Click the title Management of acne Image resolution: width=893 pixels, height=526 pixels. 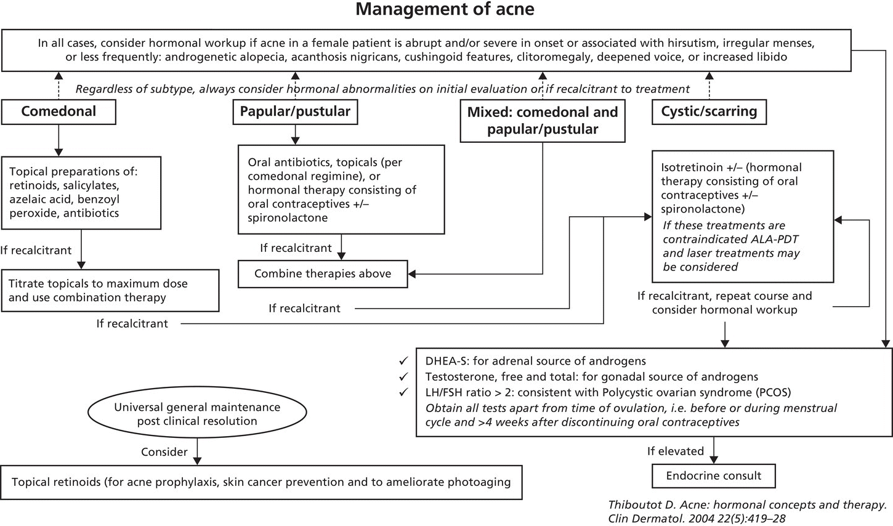pyautogui.click(x=445, y=10)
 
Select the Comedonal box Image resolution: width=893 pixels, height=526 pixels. pyautogui.click(x=59, y=111)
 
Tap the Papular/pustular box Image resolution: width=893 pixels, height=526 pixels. pyautogui.click(x=294, y=111)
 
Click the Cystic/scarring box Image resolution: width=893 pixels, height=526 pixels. pyautogui.click(x=709, y=111)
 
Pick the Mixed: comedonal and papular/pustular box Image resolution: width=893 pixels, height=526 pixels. pyautogui.click(x=542, y=121)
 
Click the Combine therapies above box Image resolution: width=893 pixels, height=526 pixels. pyautogui.click(x=323, y=274)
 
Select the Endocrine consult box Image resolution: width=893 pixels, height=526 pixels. pyautogui.click(x=713, y=476)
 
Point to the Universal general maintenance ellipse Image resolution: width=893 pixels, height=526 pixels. pyautogui.click(x=197, y=414)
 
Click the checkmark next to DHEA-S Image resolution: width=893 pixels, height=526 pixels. pyautogui.click(x=404, y=360)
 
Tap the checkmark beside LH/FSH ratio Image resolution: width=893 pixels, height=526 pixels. pyautogui.click(x=404, y=392)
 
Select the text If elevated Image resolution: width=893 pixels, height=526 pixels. pyautogui.click(x=675, y=451)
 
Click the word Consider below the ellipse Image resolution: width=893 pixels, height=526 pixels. pyautogui.click(x=164, y=452)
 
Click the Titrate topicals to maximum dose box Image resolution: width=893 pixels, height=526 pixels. pyautogui.click(x=110, y=290)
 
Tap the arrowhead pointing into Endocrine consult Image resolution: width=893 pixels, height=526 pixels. pyautogui.click(x=714, y=459)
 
